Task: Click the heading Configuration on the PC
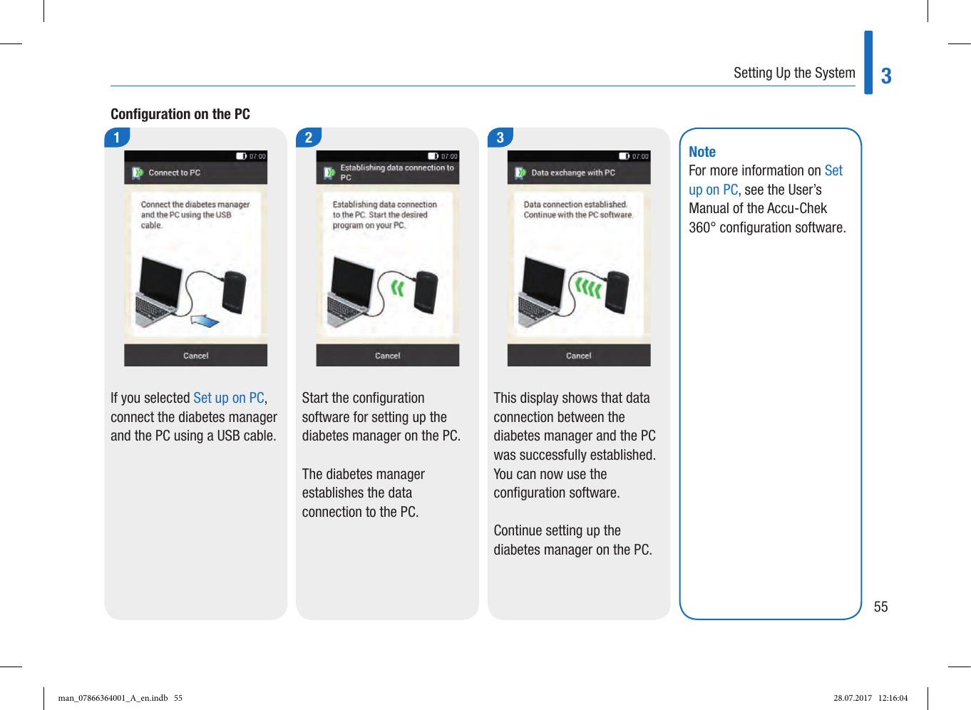pyautogui.click(x=180, y=114)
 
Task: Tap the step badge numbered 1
pyautogui.click(x=117, y=138)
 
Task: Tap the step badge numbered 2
pyautogui.click(x=309, y=138)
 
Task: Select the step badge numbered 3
pyautogui.click(x=500, y=138)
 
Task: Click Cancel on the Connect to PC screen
pyautogui.click(x=195, y=356)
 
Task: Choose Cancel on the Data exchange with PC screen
pyautogui.click(x=579, y=356)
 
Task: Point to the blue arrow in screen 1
pyautogui.click(x=206, y=321)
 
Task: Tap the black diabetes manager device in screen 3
pyautogui.click(x=617, y=292)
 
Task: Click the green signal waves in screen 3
pyautogui.click(x=588, y=287)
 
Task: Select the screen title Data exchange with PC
pyautogui.click(x=573, y=173)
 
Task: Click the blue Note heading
pyautogui.click(x=702, y=152)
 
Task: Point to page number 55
pyautogui.click(x=881, y=607)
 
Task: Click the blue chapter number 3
pyautogui.click(x=886, y=76)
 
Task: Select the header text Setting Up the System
pyautogui.click(x=794, y=73)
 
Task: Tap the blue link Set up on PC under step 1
pyautogui.click(x=229, y=398)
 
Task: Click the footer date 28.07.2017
pyautogui.click(x=853, y=698)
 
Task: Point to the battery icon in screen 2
pyautogui.click(x=433, y=156)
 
